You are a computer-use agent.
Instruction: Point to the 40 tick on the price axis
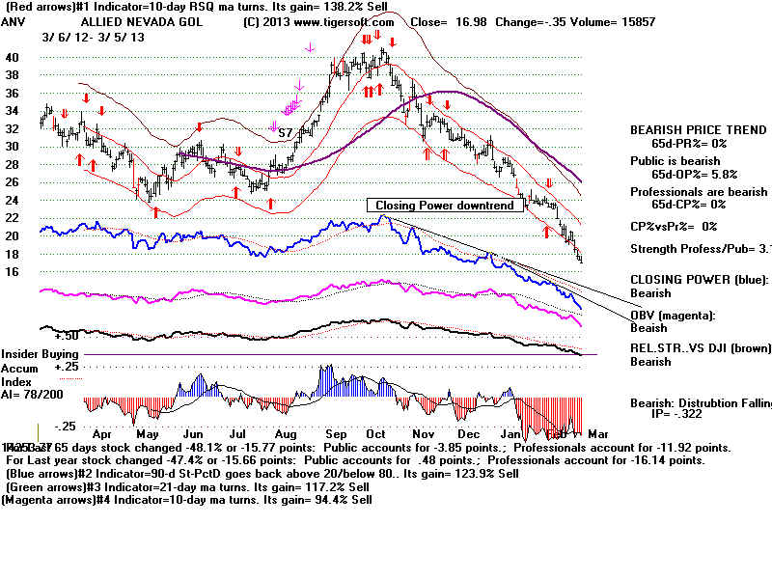pyautogui.click(x=13, y=57)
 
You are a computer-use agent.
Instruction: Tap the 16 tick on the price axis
pyautogui.click(x=13, y=272)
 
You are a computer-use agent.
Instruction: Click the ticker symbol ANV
pyautogui.click(x=14, y=21)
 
